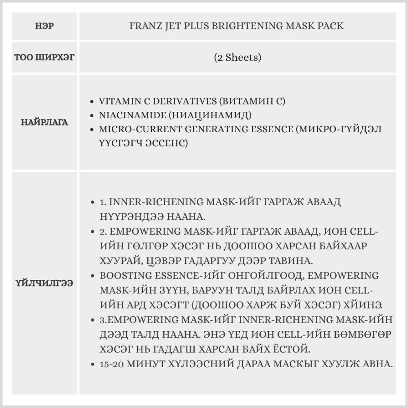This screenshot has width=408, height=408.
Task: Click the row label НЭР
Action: coord(45,27)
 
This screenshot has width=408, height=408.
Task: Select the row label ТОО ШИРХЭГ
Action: coord(44,58)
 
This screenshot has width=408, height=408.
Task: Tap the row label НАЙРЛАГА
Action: coord(44,122)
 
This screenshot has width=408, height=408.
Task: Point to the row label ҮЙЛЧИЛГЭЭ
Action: coord(44,283)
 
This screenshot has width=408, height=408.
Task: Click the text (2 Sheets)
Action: coord(237,58)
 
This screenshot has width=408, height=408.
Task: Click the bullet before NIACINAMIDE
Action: coord(93,115)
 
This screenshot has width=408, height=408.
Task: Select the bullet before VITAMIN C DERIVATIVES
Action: coord(93,102)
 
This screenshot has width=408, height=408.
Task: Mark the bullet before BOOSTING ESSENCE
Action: coord(93,276)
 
